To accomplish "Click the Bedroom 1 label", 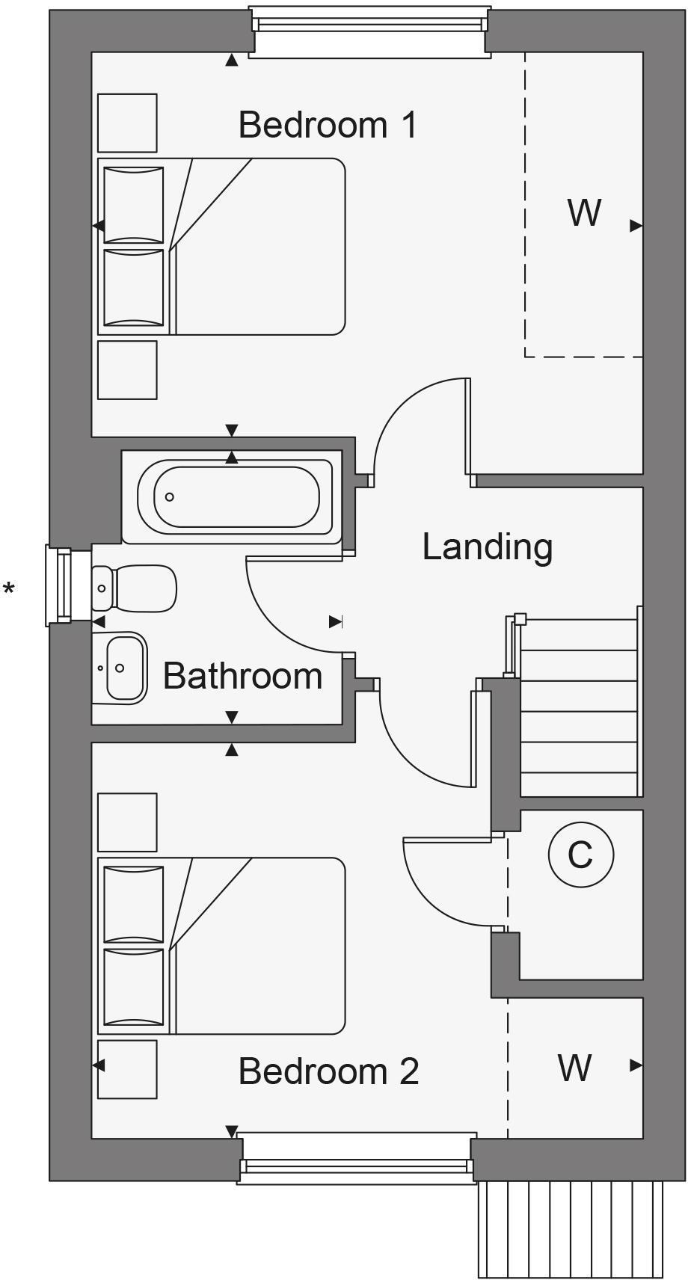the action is (328, 125).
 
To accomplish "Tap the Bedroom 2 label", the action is (328, 1071).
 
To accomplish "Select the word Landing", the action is (487, 547).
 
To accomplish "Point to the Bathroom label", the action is (242, 676).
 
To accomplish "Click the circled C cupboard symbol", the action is (580, 855).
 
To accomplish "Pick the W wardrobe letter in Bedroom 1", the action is (584, 213).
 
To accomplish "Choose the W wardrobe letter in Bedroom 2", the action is (574, 1068).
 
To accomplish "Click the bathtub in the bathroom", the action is (236, 496).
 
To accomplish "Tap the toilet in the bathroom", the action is (135, 588).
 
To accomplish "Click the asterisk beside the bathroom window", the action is (9, 590).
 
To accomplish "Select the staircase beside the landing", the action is (580, 710).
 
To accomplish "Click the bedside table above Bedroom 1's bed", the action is (127, 123).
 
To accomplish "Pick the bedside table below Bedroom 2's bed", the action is (127, 1069).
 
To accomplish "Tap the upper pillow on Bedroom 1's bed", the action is (133, 205).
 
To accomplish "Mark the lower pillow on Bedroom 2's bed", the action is (133, 987).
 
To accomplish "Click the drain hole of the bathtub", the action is (170, 496).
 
